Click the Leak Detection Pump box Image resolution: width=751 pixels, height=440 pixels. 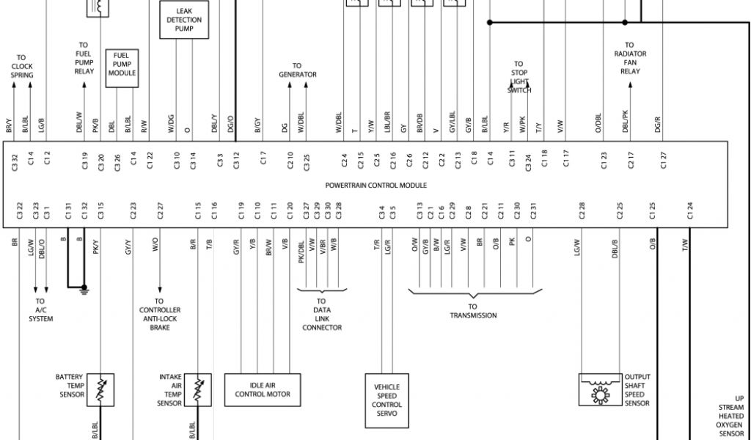pos(184,20)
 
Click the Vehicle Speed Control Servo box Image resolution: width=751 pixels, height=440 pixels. pos(387,400)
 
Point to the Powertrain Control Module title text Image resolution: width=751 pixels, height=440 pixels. pos(375,186)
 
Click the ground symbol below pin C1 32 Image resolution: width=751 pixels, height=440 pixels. pos(84,290)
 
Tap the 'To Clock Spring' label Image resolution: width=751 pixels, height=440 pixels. pos(21,67)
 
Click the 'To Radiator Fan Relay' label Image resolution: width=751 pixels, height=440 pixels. pos(630,58)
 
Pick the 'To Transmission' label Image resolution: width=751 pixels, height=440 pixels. pos(473,311)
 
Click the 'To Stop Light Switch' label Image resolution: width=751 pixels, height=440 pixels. pos(519,77)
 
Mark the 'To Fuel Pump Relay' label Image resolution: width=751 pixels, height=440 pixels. pos(84,58)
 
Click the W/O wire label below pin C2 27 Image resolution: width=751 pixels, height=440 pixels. pos(155,244)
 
